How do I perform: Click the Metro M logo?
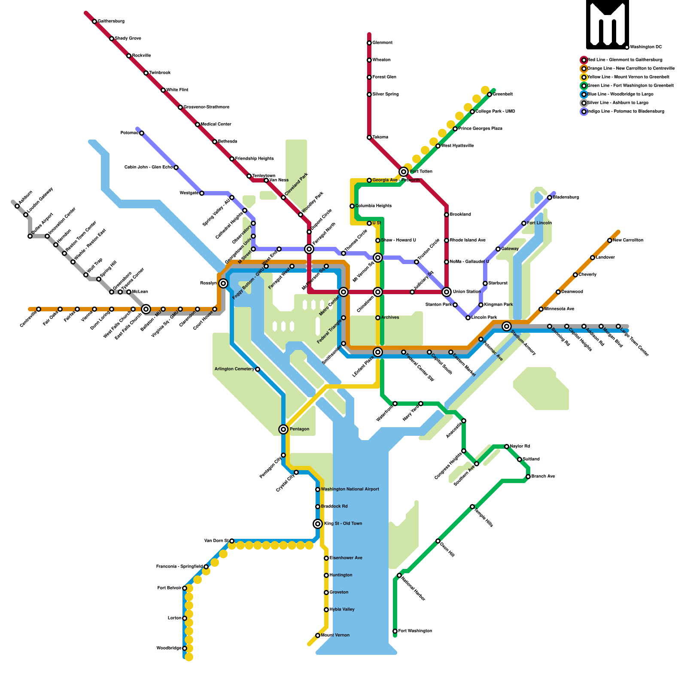[607, 24]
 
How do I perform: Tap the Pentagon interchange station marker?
[283, 429]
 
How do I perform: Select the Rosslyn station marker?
[223, 283]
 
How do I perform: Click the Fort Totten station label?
[421, 172]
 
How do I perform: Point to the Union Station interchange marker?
[447, 292]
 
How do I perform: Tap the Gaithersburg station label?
[111, 21]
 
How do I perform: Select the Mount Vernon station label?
[335, 635]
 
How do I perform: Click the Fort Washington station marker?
[395, 631]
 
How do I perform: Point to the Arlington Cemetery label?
[234, 369]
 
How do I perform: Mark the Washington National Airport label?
[350, 489]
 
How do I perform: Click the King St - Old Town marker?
[318, 524]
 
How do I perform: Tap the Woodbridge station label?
[169, 648]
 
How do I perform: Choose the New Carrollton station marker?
[610, 240]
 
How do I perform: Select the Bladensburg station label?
[566, 198]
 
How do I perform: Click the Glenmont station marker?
[369, 43]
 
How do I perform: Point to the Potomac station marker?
[142, 133]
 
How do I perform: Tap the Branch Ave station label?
[543, 477]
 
